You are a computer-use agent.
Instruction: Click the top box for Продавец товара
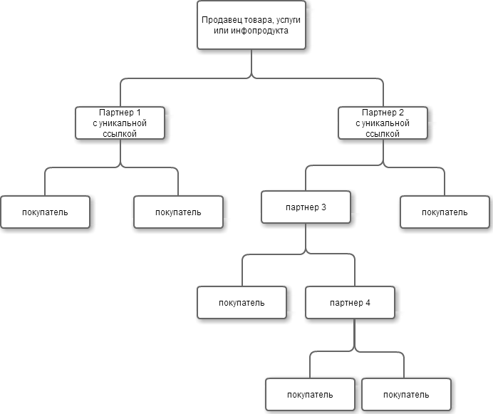tap(251, 25)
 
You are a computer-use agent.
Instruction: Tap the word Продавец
tap(222, 20)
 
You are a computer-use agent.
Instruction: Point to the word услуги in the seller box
tap(289, 20)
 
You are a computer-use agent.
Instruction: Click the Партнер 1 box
tap(120, 123)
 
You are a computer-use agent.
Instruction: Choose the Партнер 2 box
tap(383, 123)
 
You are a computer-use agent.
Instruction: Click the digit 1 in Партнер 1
tap(138, 113)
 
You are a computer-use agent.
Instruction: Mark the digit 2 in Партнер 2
tap(401, 113)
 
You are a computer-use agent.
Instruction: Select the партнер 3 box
tap(306, 207)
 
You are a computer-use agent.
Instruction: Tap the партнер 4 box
tap(350, 302)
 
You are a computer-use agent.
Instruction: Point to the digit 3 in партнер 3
tap(323, 207)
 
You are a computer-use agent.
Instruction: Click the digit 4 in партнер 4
tap(368, 303)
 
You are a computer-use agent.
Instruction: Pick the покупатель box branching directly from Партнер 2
tap(445, 212)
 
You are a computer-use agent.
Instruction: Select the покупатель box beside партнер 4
tap(242, 302)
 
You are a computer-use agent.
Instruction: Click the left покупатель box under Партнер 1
tap(46, 212)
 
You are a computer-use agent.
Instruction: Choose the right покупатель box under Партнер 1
tap(179, 212)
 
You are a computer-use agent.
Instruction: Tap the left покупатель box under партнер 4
tap(310, 395)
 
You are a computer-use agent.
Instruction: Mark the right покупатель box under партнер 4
tap(406, 395)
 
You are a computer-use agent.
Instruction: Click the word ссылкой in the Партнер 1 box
tap(120, 134)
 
